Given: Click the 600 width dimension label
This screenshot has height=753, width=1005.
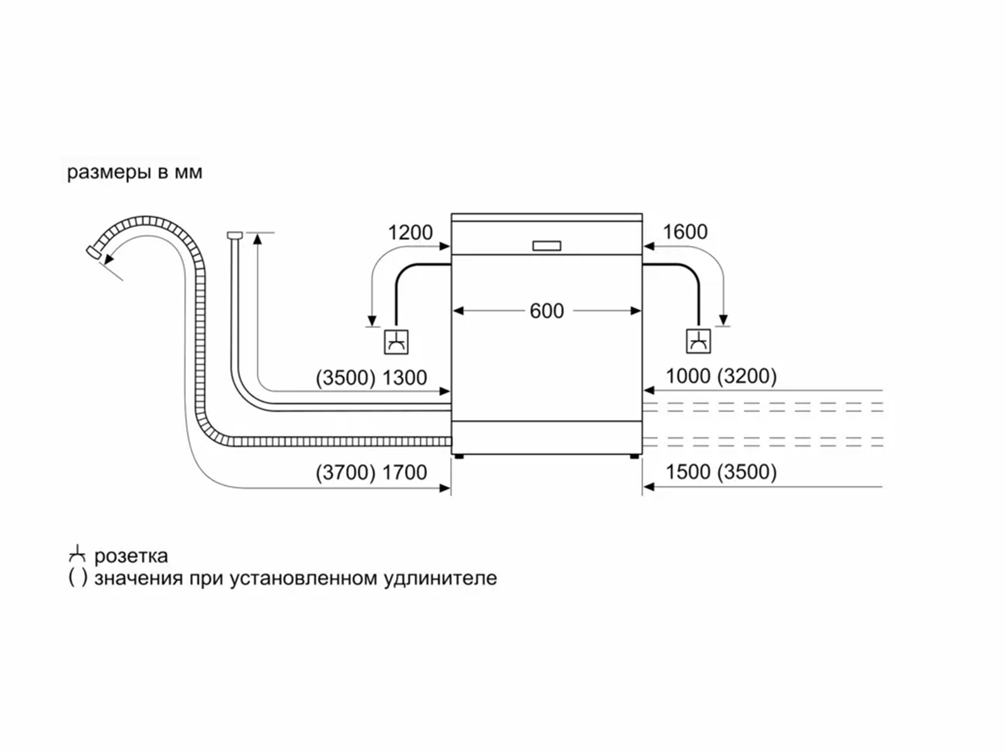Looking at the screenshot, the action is click(x=546, y=311).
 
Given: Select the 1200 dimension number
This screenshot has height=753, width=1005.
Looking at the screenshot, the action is click(x=410, y=233).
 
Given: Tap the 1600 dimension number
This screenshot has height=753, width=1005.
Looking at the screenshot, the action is click(x=685, y=232).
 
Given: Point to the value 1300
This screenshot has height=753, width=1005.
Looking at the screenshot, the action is click(x=405, y=378).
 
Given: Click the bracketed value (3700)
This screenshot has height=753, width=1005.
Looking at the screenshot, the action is click(x=345, y=473).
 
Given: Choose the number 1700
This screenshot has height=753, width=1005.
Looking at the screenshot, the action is click(x=405, y=473).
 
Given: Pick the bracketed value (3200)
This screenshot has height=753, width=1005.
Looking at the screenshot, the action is click(x=747, y=376).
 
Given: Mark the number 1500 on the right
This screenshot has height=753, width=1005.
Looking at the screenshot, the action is click(x=688, y=472).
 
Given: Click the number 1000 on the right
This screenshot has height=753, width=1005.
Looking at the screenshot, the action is click(x=688, y=376).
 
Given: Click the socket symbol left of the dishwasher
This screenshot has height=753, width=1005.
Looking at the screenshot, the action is click(x=396, y=341).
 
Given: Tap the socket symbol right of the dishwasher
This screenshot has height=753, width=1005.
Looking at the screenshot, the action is click(x=698, y=341).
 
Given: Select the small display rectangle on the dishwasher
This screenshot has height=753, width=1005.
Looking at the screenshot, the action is click(x=546, y=246).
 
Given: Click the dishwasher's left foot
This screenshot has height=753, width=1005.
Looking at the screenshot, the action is click(x=459, y=456).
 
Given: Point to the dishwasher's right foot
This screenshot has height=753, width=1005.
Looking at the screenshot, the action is click(x=634, y=456).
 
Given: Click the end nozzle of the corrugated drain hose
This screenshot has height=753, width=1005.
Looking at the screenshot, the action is click(x=94, y=252).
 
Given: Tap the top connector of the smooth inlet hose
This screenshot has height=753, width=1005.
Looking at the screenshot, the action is click(x=234, y=235).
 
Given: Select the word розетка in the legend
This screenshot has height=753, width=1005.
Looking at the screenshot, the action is click(x=131, y=557).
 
